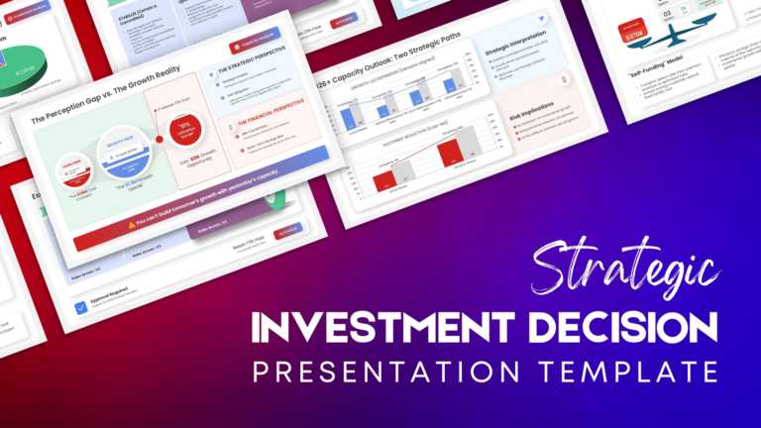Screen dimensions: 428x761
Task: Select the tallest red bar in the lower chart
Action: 448,154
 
